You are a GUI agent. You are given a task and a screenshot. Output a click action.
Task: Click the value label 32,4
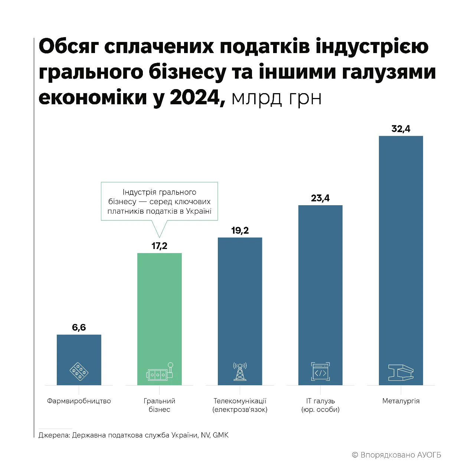(x=401, y=129)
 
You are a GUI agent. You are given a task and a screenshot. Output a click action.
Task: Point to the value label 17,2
(x=160, y=246)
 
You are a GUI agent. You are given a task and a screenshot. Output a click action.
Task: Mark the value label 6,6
(x=79, y=327)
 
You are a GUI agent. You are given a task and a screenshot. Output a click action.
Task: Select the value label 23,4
(x=320, y=198)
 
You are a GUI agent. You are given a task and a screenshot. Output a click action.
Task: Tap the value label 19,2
(x=240, y=230)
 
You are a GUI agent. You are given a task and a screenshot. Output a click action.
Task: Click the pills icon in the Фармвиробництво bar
(x=79, y=372)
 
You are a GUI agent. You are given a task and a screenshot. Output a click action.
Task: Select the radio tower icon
(x=240, y=371)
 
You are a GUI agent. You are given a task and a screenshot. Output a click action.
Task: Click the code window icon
(x=320, y=372)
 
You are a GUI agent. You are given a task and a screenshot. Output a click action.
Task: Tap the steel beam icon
(x=401, y=372)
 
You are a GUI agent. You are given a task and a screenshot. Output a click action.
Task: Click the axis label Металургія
(x=401, y=401)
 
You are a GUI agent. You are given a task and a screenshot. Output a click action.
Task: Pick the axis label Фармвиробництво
(x=79, y=401)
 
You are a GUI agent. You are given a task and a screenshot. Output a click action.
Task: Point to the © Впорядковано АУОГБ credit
(x=396, y=455)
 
